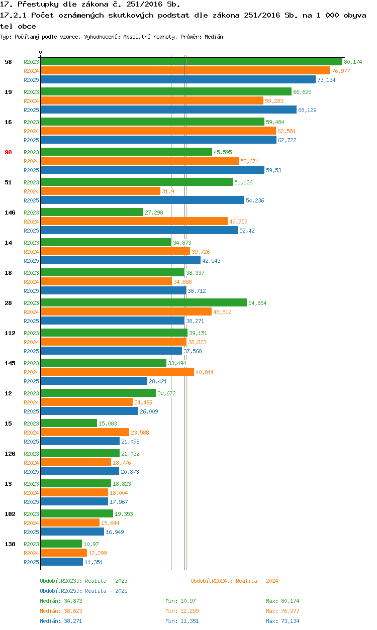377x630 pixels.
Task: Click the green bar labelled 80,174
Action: click(191, 62)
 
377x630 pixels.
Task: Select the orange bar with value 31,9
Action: click(101, 191)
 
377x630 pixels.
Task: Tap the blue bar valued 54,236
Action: click(142, 200)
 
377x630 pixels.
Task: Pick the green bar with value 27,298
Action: click(92, 213)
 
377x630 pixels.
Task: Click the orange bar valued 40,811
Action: click(117, 372)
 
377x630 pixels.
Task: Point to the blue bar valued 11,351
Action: click(62, 562)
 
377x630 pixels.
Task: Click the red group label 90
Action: click(8, 152)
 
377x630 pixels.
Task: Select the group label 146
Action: click(10, 213)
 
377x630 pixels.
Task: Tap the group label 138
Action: click(10, 544)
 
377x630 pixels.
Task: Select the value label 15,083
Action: click(108, 424)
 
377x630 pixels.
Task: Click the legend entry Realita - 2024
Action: click(234, 581)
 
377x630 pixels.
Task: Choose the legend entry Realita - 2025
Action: click(83, 591)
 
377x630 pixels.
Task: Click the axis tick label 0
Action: click(41, 52)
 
